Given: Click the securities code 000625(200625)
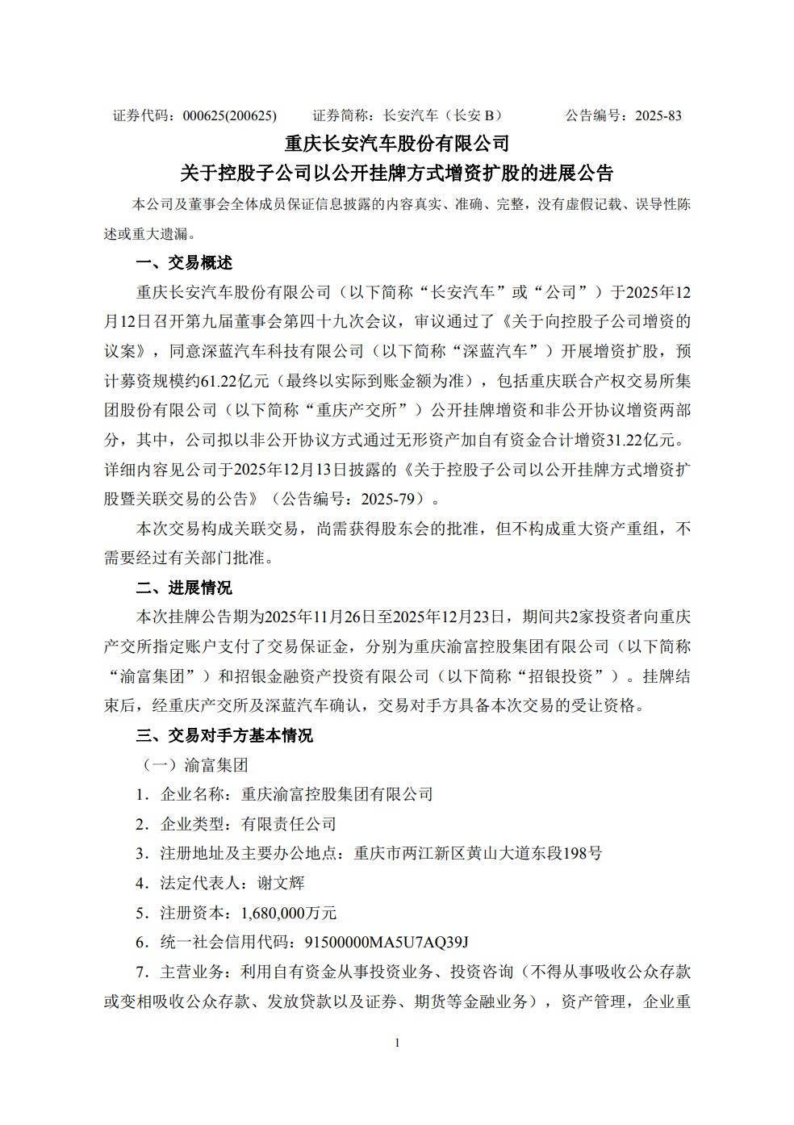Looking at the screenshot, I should point(230,115).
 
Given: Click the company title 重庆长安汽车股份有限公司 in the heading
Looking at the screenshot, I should point(397,144).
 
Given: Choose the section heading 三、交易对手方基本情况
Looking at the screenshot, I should point(224,735).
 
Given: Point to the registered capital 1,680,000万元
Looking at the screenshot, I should point(288,913).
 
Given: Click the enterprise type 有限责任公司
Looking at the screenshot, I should point(288,824).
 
